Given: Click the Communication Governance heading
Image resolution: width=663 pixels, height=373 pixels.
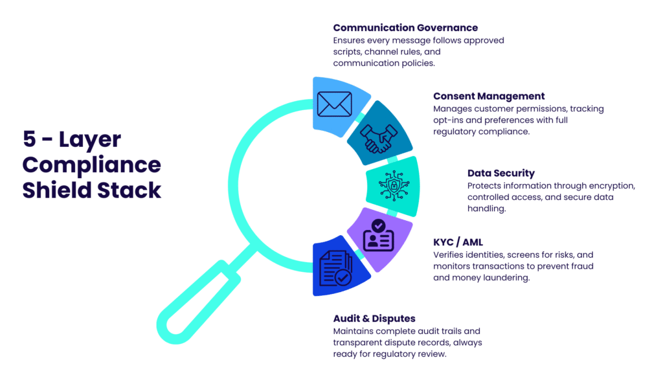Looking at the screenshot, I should point(405,28).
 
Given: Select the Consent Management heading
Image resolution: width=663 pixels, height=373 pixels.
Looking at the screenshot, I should point(489,96).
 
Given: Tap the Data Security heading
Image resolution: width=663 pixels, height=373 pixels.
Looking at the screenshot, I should point(500,173).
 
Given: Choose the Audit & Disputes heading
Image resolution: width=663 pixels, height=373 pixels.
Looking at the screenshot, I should point(374,319).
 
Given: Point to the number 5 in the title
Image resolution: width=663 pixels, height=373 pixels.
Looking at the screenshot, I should point(29,139).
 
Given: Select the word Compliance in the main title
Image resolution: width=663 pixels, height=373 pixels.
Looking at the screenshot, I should point(91,164).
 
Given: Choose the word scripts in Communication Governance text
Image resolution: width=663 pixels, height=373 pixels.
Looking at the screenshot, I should point(348,52).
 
